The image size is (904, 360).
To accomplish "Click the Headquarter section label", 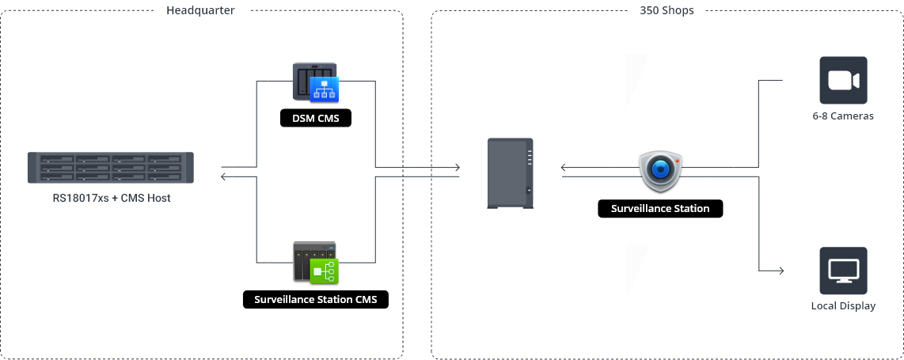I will coord(200,10).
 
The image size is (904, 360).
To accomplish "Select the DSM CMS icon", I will coord(315,82).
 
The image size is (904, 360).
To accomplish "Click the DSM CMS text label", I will coord(315,119).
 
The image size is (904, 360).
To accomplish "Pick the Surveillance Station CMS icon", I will coord(315,262).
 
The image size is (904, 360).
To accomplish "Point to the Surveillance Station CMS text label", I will coord(315,300).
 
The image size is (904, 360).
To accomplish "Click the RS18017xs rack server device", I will coord(111,168).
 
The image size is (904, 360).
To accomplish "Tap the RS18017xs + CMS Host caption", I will coord(112,198).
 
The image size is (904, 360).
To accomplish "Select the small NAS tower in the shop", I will coord(510,173).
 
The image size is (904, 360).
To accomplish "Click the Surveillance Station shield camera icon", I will coord(660,169).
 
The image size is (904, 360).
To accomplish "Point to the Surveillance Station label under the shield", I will coord(660,209).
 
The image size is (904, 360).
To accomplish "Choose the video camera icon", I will coord(843,80).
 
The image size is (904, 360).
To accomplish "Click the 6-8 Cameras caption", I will coord(843,116).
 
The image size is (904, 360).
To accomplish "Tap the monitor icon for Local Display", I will coord(843,271).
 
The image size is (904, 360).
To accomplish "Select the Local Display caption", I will coord(843,306).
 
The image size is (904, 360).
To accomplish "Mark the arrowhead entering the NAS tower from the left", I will coord(457,167).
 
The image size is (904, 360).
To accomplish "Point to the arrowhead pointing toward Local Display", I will coord(780,271).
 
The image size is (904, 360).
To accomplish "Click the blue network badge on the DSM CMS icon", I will coord(325,89).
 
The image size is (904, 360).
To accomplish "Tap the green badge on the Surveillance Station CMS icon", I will coord(324,271).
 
